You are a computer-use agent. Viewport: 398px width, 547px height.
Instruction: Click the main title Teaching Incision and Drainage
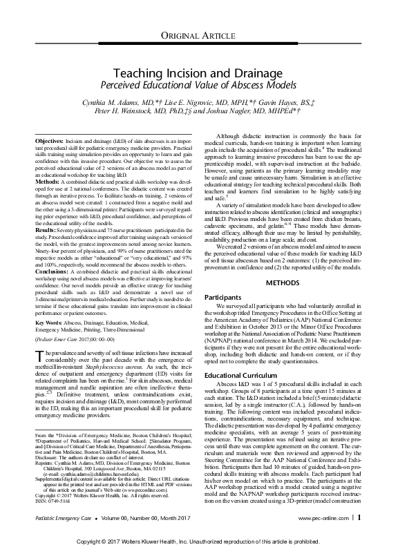coord(199,72)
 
